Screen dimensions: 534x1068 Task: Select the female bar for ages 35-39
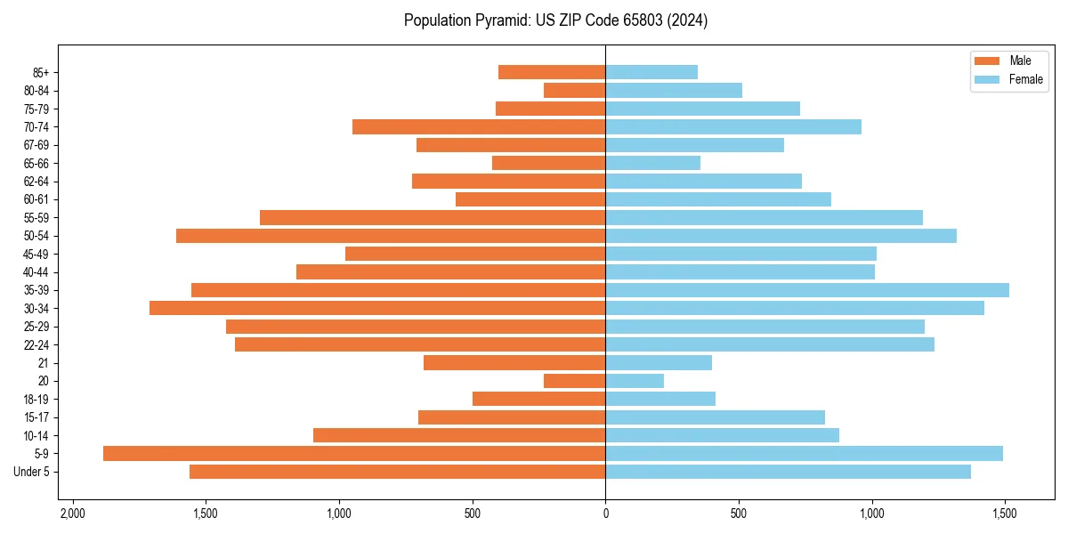click(807, 290)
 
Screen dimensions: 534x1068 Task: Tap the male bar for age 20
click(574, 381)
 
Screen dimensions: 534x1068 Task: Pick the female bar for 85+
click(651, 72)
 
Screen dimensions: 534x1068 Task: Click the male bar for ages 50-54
click(391, 236)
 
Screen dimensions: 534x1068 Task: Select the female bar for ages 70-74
click(733, 126)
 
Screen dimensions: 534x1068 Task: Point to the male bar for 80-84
click(574, 90)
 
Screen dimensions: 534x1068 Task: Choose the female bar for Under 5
click(788, 472)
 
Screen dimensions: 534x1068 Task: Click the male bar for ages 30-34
click(377, 308)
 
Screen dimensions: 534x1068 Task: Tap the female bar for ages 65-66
click(652, 163)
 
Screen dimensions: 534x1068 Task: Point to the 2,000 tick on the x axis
click(72, 514)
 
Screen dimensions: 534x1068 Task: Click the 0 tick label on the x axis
click(605, 514)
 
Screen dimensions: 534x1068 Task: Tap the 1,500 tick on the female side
click(1005, 514)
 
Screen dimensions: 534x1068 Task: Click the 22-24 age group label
click(36, 344)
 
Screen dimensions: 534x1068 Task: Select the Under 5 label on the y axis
click(32, 472)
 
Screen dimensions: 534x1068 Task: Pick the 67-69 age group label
click(36, 145)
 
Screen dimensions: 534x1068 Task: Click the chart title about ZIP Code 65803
click(555, 20)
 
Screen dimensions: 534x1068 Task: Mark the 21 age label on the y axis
click(43, 363)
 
